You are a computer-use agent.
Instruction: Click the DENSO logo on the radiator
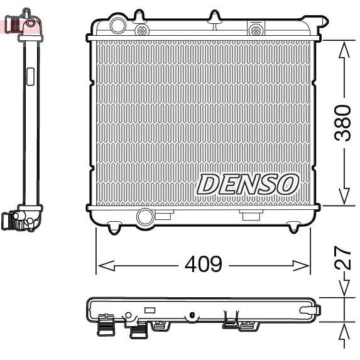pos(247,183)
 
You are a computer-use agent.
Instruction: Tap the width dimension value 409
pos(203,265)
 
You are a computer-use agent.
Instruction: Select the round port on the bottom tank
pos(145,217)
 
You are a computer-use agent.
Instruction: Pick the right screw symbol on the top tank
pos(256,29)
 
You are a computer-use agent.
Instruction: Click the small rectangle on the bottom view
pos(150,310)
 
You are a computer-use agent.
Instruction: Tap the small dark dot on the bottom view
pos(188,316)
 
